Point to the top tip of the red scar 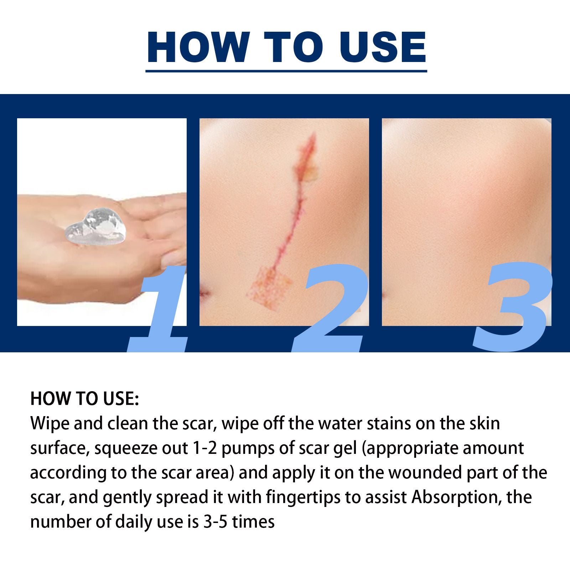click(313, 134)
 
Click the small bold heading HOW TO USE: click(84, 399)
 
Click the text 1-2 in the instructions click(204, 448)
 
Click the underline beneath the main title click(286, 71)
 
